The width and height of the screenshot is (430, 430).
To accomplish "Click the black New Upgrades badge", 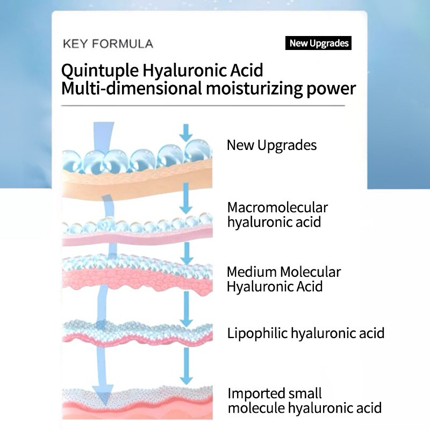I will (x=318, y=44).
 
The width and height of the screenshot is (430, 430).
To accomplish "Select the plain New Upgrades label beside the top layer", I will (x=271, y=145).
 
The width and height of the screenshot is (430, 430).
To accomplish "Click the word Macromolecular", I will (x=277, y=207).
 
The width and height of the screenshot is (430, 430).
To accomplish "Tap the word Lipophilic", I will (x=257, y=333).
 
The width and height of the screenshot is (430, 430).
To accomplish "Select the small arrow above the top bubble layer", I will (x=185, y=132).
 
